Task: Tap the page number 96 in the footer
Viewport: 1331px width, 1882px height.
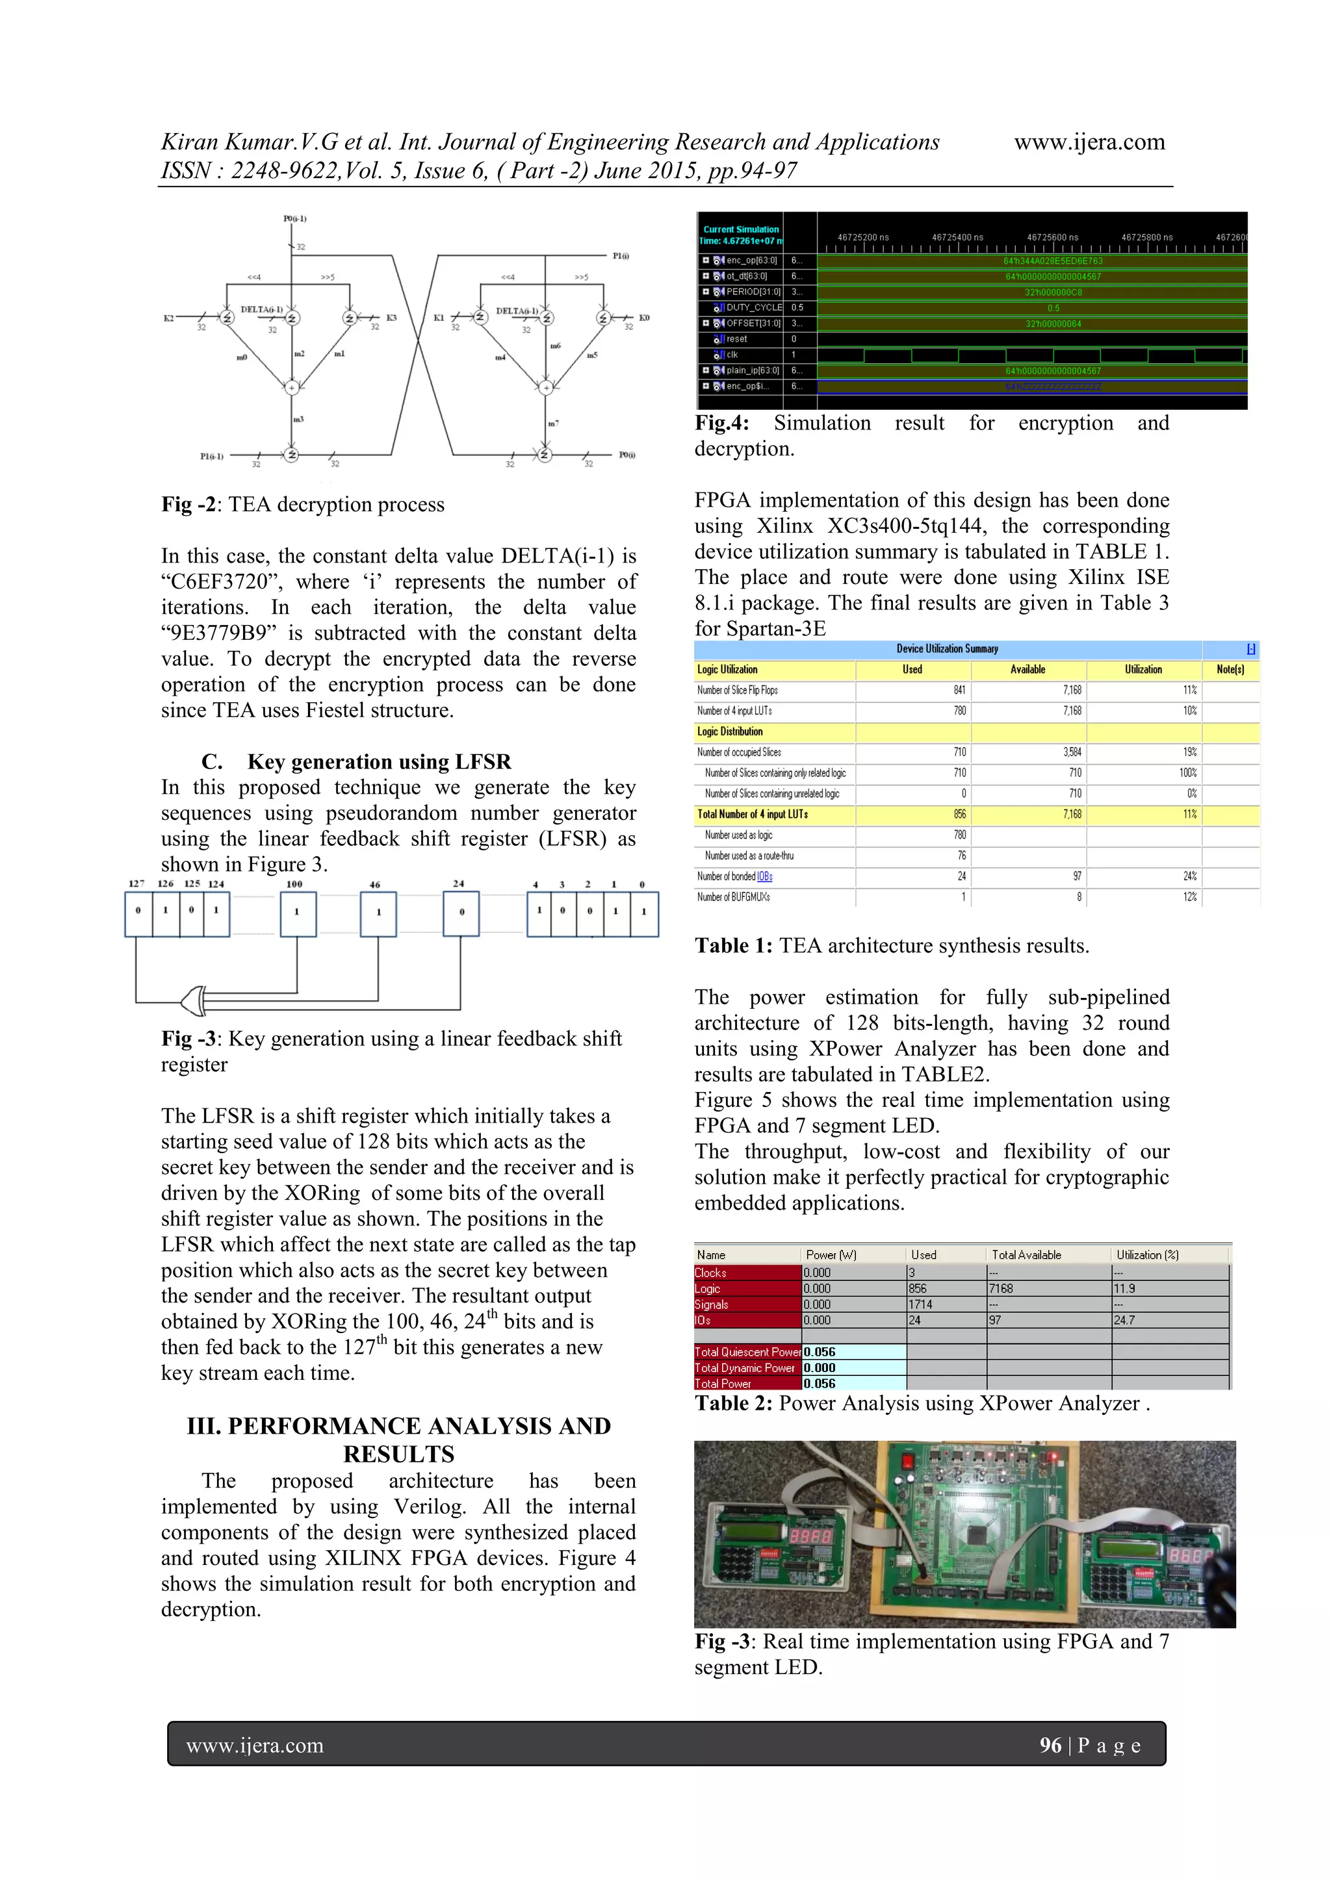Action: point(1050,1745)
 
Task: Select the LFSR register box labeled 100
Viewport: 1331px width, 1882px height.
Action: point(297,914)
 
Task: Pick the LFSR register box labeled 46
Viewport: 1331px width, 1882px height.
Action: point(378,914)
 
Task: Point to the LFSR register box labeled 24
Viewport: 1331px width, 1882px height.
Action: point(461,914)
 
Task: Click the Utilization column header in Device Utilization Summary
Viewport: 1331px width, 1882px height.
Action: point(1143,670)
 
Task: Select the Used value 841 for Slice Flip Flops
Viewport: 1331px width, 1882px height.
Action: point(959,690)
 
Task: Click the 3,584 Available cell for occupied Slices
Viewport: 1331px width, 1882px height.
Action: point(1072,752)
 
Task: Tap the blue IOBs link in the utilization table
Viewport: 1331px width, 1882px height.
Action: point(764,876)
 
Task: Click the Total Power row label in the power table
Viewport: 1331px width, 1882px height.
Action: point(723,1384)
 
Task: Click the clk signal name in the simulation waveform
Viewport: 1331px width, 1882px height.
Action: point(732,355)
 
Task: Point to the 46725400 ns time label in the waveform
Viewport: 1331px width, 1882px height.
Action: point(957,238)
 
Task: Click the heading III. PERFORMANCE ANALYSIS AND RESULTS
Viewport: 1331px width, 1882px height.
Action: point(398,1440)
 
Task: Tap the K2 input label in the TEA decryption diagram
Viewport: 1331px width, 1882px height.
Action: point(169,318)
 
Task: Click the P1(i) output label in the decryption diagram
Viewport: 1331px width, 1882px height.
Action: point(621,256)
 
